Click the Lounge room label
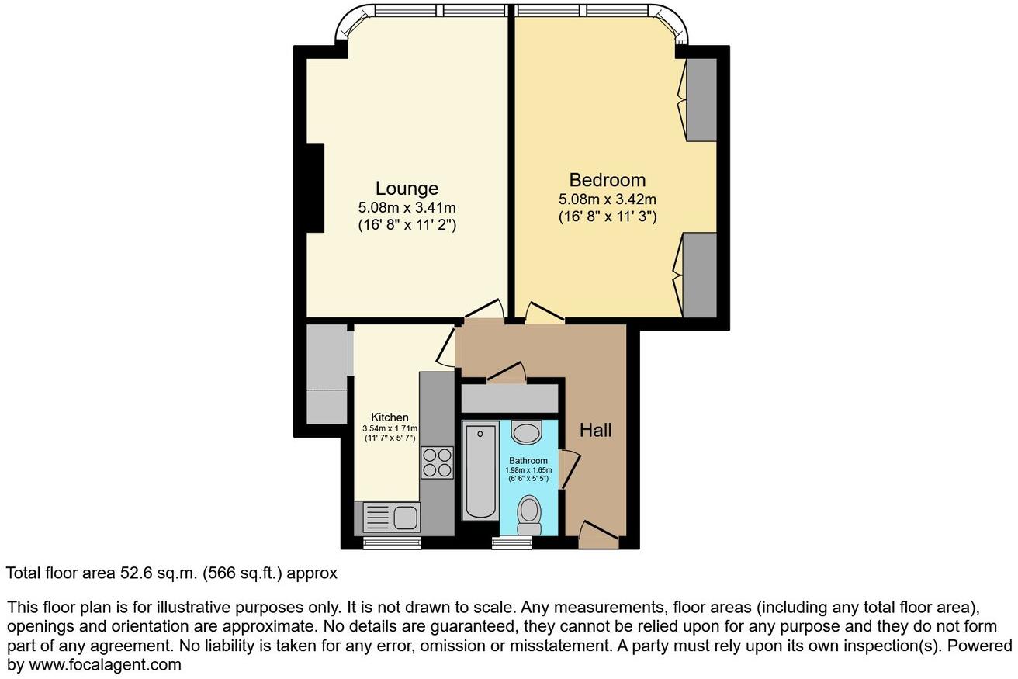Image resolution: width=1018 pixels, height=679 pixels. (407, 188)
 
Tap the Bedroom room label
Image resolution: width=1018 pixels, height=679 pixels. (607, 180)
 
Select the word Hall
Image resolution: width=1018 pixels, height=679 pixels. (596, 430)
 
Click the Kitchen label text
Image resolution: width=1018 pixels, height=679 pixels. (390, 417)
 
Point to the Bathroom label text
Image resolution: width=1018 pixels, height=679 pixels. (528, 460)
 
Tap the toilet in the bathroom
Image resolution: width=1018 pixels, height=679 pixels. (530, 514)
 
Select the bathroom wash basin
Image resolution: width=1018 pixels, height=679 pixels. (528, 433)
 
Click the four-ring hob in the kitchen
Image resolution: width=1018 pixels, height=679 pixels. (437, 462)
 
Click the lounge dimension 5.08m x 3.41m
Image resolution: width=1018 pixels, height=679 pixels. (407, 208)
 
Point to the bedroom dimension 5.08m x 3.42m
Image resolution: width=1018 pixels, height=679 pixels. (607, 200)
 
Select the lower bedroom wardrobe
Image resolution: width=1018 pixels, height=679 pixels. (700, 275)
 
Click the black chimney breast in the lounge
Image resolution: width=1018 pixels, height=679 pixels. (314, 188)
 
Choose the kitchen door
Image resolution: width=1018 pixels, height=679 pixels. (446, 346)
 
